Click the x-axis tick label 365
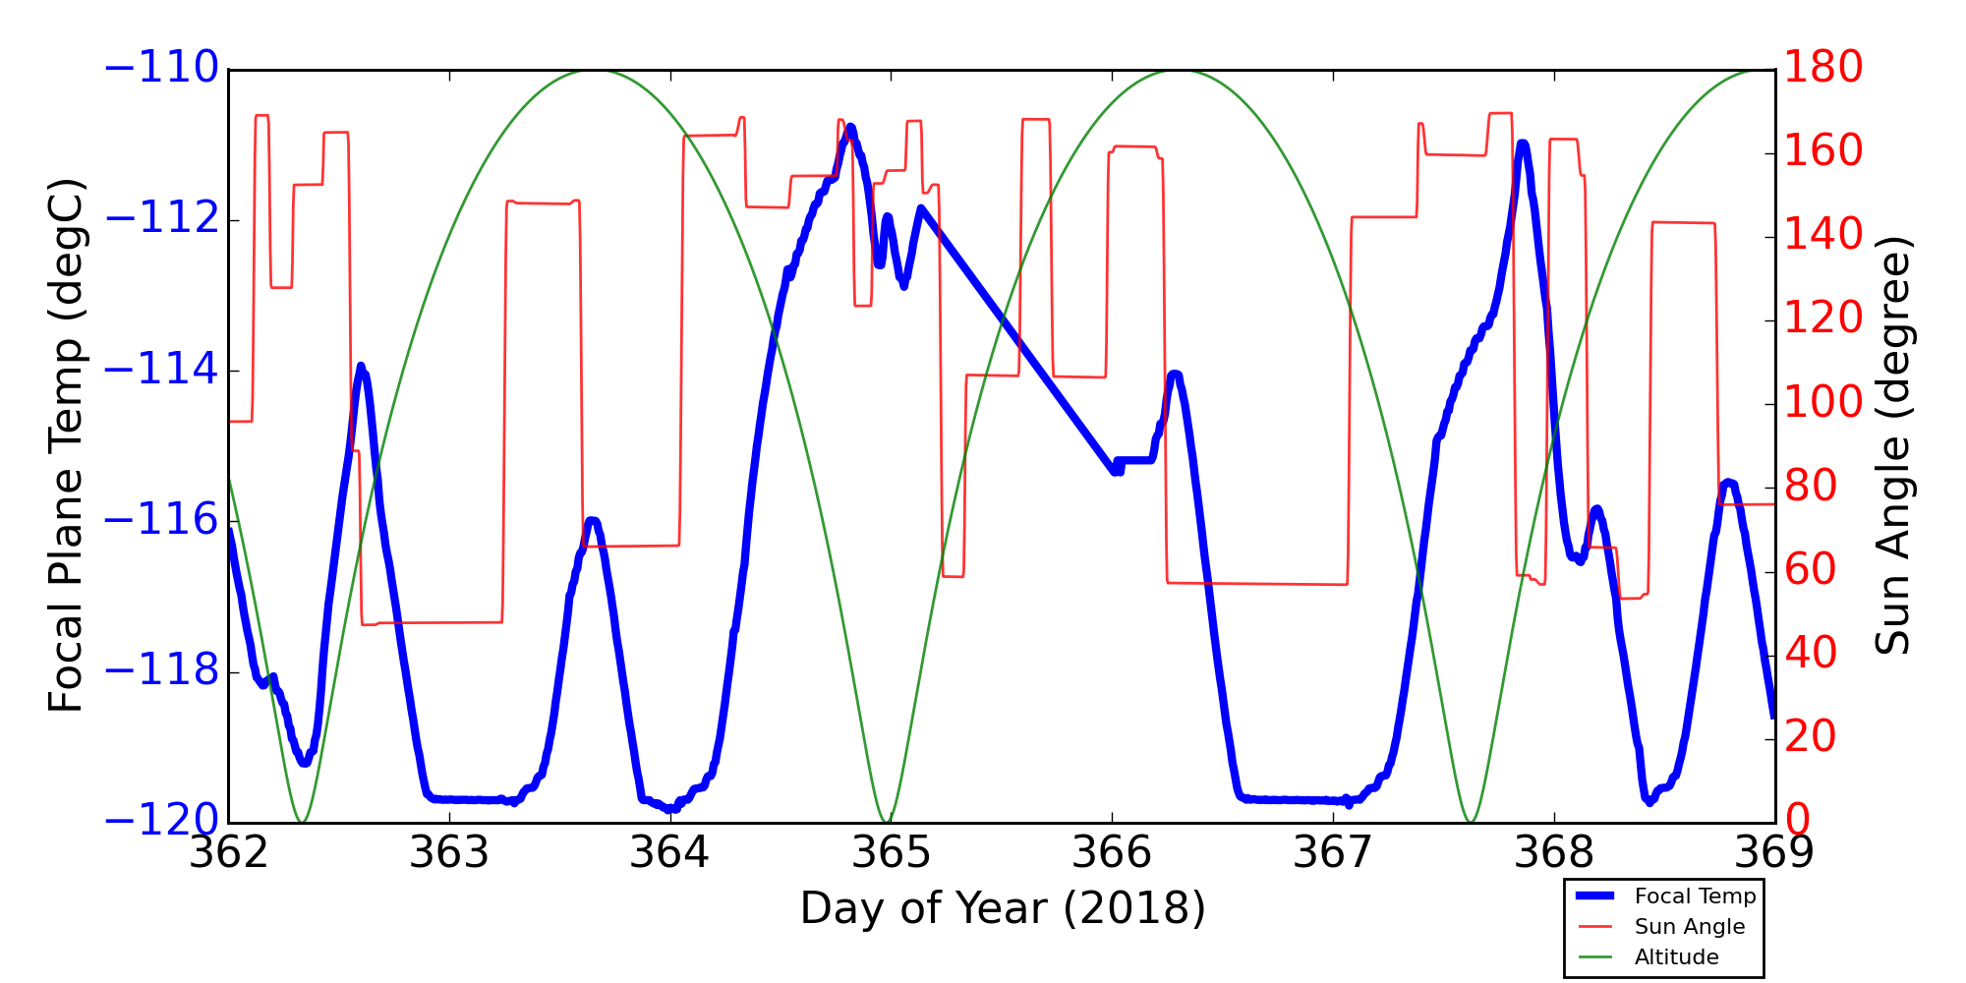[x=891, y=853]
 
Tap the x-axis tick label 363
[x=449, y=853]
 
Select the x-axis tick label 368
[x=1554, y=853]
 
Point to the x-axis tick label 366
[x=1112, y=853]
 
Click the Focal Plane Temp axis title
[x=66, y=445]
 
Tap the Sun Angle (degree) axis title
[x=1892, y=445]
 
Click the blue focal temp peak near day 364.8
[x=849, y=127]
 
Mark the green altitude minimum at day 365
[x=887, y=822]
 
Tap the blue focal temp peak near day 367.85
[x=1523, y=145]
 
